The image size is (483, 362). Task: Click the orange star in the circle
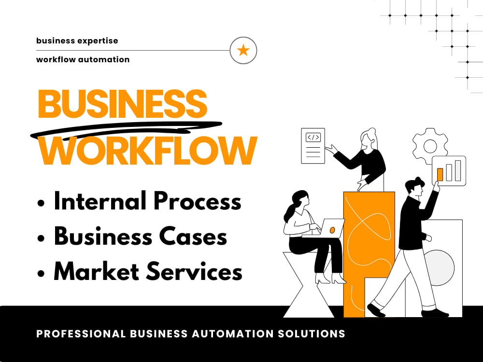pyautogui.click(x=243, y=50)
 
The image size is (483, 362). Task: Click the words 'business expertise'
pyautogui.click(x=77, y=41)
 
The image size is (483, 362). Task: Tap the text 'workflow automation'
pyautogui.click(x=83, y=59)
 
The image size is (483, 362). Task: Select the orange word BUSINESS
pyautogui.click(x=122, y=104)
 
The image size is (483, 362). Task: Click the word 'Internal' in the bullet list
pyautogui.click(x=100, y=201)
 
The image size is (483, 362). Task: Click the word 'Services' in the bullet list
pyautogui.click(x=194, y=271)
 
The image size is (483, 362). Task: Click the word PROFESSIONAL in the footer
pyautogui.click(x=81, y=334)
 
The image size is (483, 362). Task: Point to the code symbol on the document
pyautogui.click(x=313, y=137)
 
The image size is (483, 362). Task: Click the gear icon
pyautogui.click(x=430, y=146)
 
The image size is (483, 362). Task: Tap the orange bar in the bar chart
pyautogui.click(x=440, y=175)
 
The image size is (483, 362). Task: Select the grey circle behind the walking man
pyautogui.click(x=439, y=267)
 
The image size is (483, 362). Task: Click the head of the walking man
pyautogui.click(x=414, y=187)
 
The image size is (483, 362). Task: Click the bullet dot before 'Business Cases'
pyautogui.click(x=41, y=238)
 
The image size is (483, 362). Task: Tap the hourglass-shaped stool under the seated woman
pyautogui.click(x=309, y=285)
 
